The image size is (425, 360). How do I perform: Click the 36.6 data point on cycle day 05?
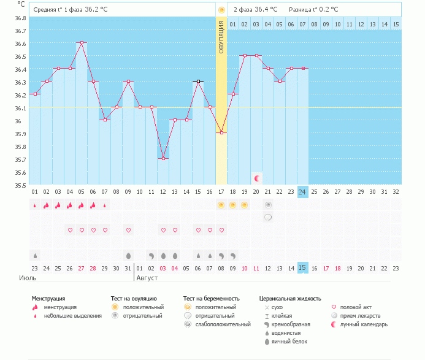(x=82, y=43)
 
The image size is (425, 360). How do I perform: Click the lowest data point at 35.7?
(x=163, y=159)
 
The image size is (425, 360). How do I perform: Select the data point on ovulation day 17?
(x=221, y=133)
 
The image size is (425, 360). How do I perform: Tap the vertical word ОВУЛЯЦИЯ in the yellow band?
(x=221, y=36)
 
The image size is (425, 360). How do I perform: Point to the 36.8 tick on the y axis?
(x=20, y=18)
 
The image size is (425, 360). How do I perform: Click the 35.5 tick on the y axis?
(x=20, y=185)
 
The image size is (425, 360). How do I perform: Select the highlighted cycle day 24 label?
(x=302, y=191)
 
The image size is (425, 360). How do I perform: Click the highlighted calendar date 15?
(x=302, y=267)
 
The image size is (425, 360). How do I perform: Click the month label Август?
(x=147, y=278)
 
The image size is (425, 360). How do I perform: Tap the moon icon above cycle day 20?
(x=258, y=178)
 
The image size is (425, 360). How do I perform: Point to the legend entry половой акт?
(x=356, y=307)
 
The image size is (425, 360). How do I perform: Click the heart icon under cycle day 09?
(x=128, y=230)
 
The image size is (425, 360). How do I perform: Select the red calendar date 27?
(x=82, y=268)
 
